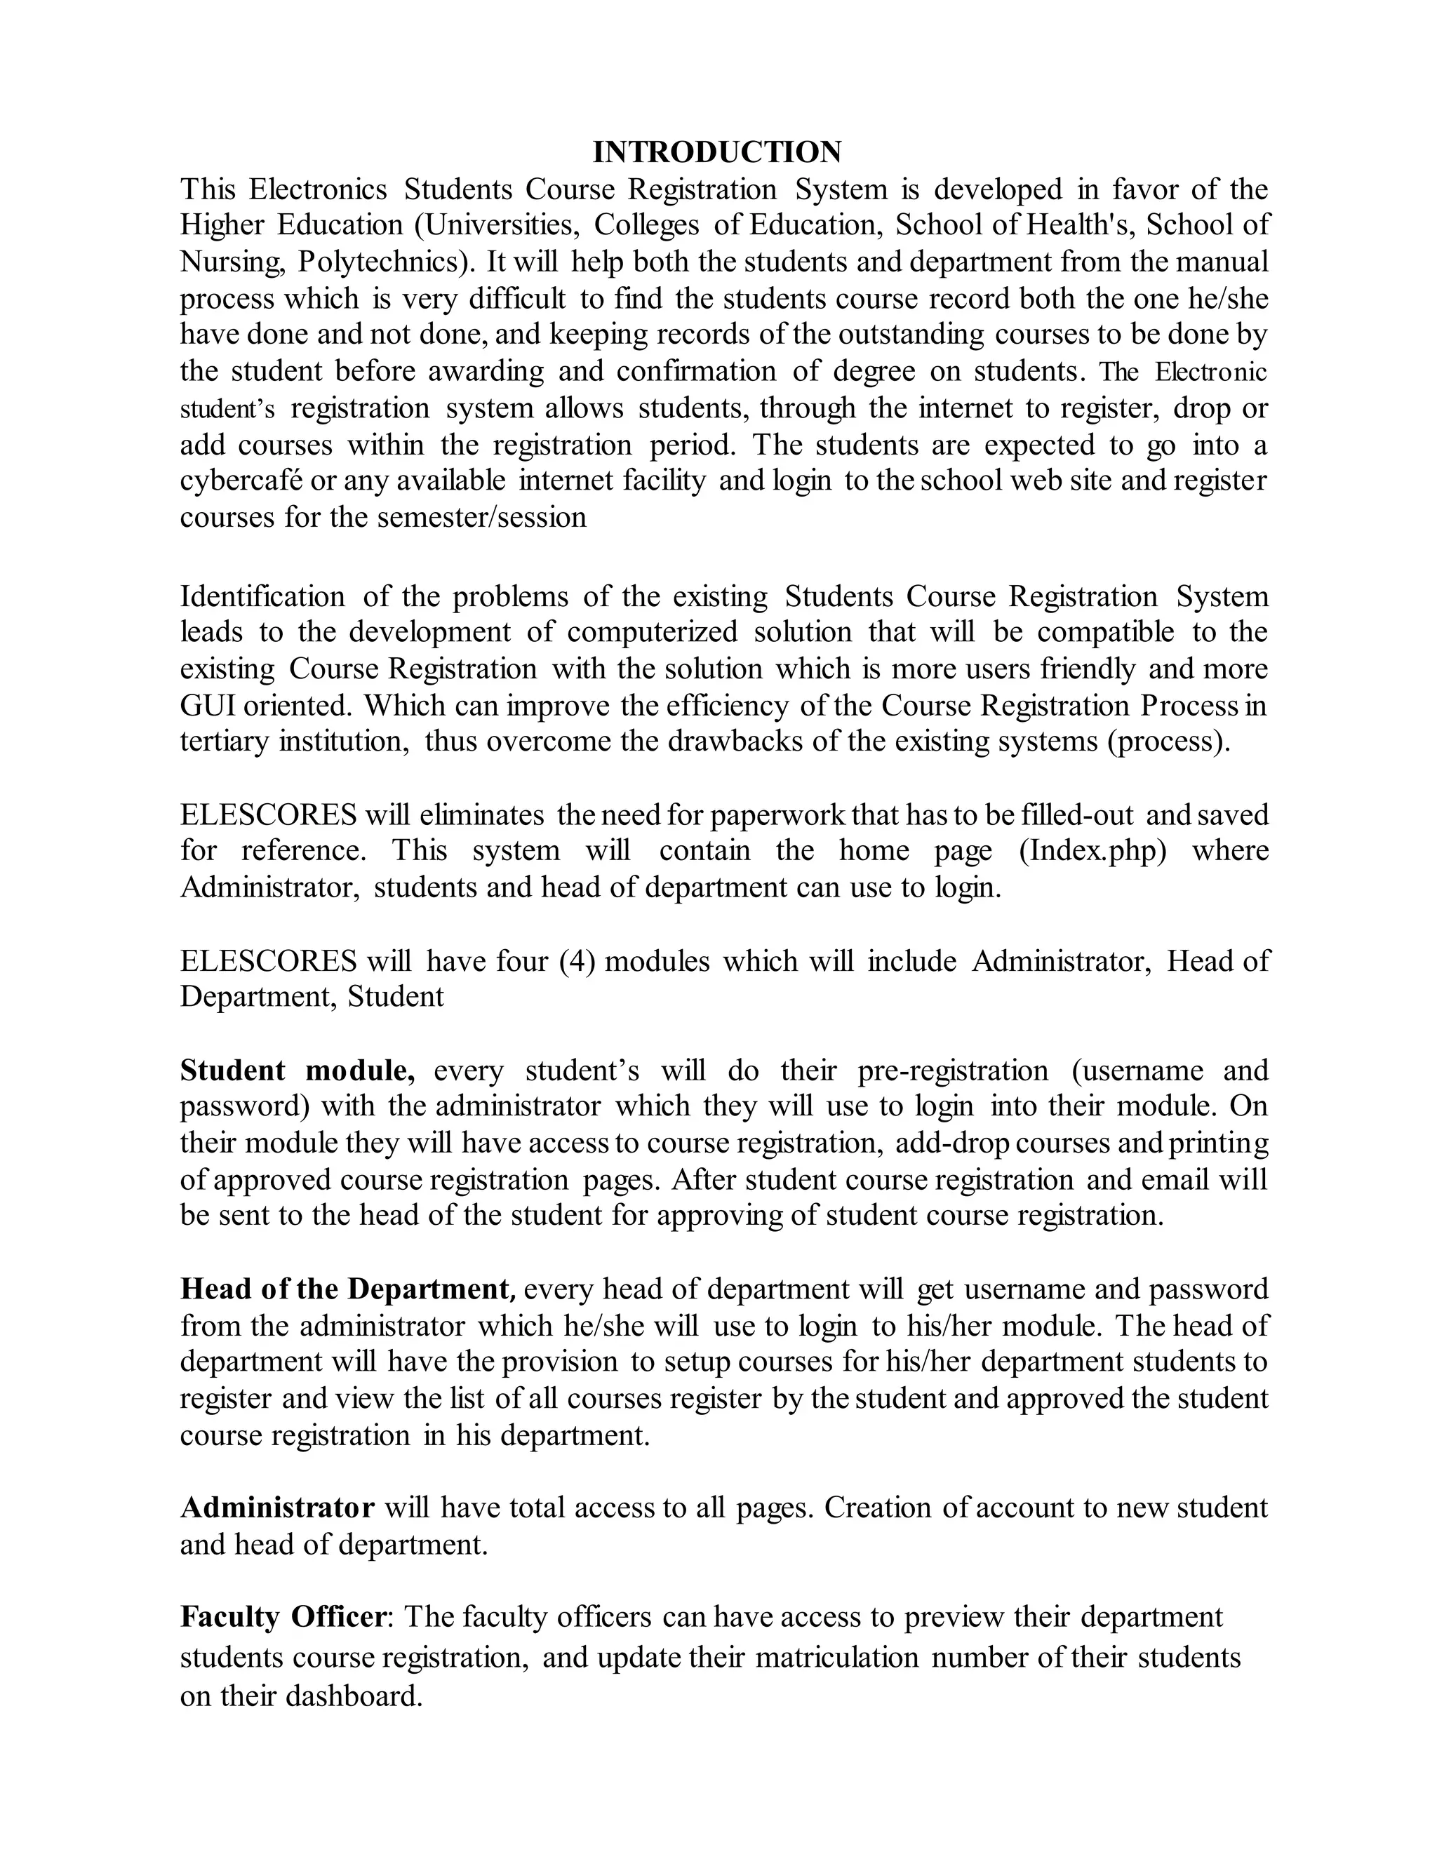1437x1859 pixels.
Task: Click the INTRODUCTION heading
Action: [717, 152]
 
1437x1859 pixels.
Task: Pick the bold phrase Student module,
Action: [297, 1070]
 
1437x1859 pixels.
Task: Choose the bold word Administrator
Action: [276, 1508]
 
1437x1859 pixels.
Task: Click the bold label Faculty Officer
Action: [283, 1616]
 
